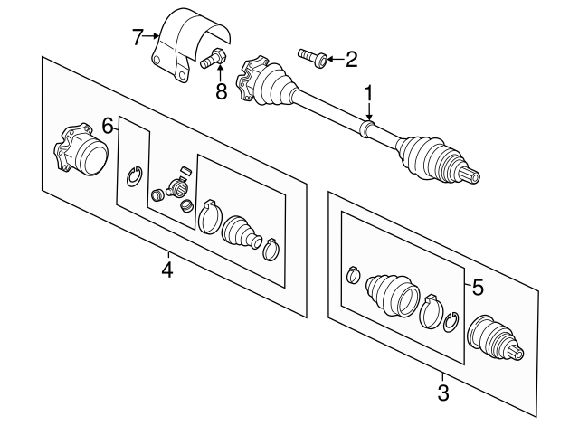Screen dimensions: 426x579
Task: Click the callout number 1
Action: [x=368, y=93]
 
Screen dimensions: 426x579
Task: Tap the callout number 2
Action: [x=351, y=61]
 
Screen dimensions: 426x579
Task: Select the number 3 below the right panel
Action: [x=442, y=393]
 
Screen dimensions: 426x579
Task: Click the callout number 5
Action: [x=478, y=288]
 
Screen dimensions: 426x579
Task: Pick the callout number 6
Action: [x=108, y=125]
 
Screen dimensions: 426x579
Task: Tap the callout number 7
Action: [x=138, y=37]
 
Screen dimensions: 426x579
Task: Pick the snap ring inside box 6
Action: [x=133, y=175]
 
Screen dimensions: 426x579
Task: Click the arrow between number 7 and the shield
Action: [x=150, y=37]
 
